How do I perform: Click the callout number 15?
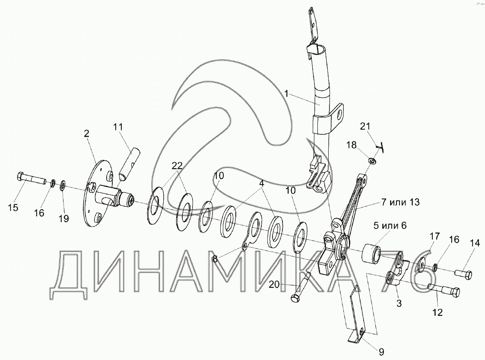pos(13,208)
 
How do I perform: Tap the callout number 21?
pos(365,126)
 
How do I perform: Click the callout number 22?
pos(177,165)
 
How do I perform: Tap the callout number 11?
pos(118,127)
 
